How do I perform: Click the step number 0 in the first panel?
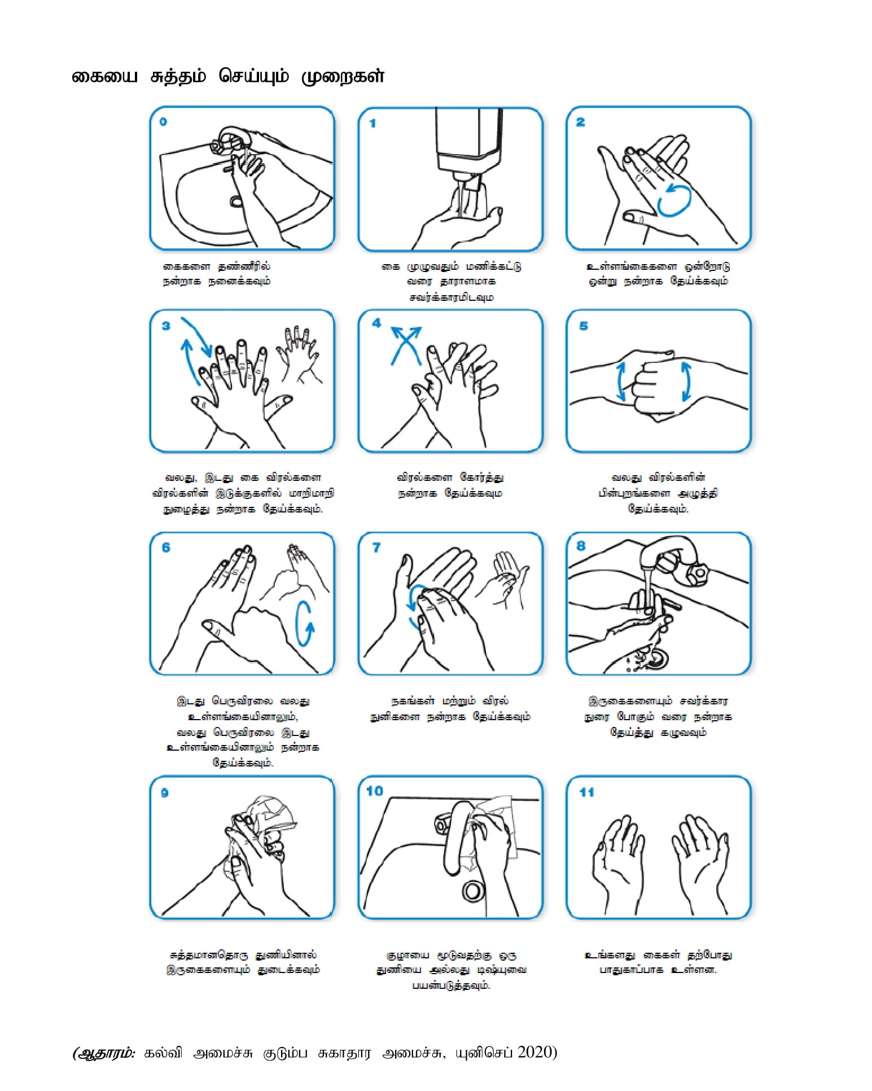point(163,121)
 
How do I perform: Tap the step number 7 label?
point(376,547)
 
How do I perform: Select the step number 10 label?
point(374,791)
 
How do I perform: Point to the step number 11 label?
point(586,792)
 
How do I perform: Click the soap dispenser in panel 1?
point(468,138)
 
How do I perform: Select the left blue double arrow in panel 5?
point(621,382)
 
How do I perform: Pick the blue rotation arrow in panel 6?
point(304,623)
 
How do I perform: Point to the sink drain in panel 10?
point(472,891)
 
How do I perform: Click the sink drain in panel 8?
point(656,658)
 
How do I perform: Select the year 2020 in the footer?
point(535,1052)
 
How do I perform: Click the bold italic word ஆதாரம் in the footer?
point(105,1053)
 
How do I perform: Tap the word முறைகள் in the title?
point(343,76)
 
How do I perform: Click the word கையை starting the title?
point(104,77)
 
